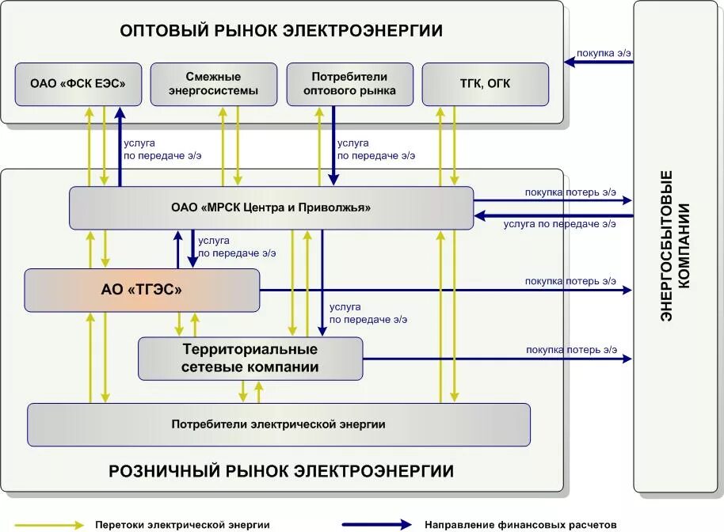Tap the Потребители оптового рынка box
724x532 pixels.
(349, 84)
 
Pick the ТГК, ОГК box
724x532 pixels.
(486, 84)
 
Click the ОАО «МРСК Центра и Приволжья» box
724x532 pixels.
(271, 207)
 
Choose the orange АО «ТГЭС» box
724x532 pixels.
(142, 290)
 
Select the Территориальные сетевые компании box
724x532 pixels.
(250, 358)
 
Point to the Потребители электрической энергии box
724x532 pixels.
(279, 424)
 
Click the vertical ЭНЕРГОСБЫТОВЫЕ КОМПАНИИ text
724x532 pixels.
(678, 245)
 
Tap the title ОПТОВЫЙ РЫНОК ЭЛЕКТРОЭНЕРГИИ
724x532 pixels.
(281, 31)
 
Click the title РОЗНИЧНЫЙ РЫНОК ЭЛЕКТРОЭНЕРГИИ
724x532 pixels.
(281, 472)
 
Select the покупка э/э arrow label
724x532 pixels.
(604, 53)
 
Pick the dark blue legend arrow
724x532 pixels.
(377, 524)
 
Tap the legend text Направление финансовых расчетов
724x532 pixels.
(520, 524)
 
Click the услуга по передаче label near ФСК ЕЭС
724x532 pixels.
(162, 150)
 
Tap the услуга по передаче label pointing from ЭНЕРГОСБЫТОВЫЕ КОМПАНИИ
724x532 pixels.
(559, 224)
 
